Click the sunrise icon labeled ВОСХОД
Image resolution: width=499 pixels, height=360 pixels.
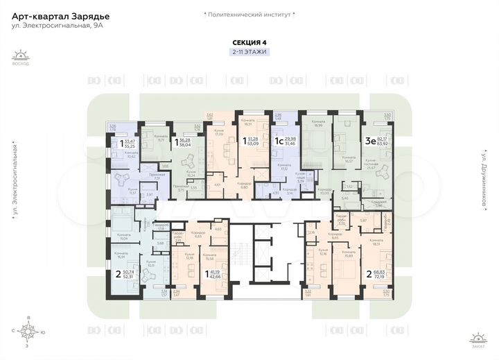[21, 57]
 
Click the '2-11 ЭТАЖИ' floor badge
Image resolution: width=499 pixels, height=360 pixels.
[249, 52]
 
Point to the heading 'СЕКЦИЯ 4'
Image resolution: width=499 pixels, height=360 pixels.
[249, 41]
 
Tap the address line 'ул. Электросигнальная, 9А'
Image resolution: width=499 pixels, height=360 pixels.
[52, 26]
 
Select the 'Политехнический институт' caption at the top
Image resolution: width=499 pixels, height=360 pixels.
[249, 15]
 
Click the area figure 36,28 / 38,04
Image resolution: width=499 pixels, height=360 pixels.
[184, 142]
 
